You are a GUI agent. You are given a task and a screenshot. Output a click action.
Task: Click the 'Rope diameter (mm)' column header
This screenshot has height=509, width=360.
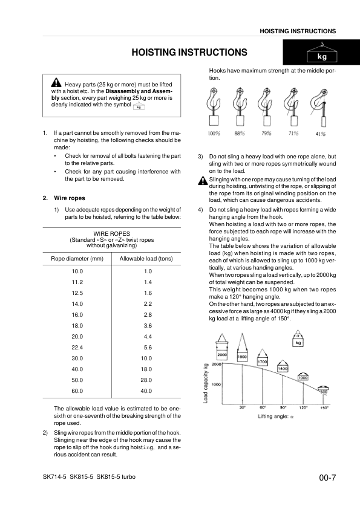77,259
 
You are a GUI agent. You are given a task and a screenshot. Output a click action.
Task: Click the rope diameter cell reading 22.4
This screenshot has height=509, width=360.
77,348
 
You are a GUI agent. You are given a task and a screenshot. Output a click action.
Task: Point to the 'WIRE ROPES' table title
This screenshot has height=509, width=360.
112,233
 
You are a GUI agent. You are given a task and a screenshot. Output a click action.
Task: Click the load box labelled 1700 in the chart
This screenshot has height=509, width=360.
263,361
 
